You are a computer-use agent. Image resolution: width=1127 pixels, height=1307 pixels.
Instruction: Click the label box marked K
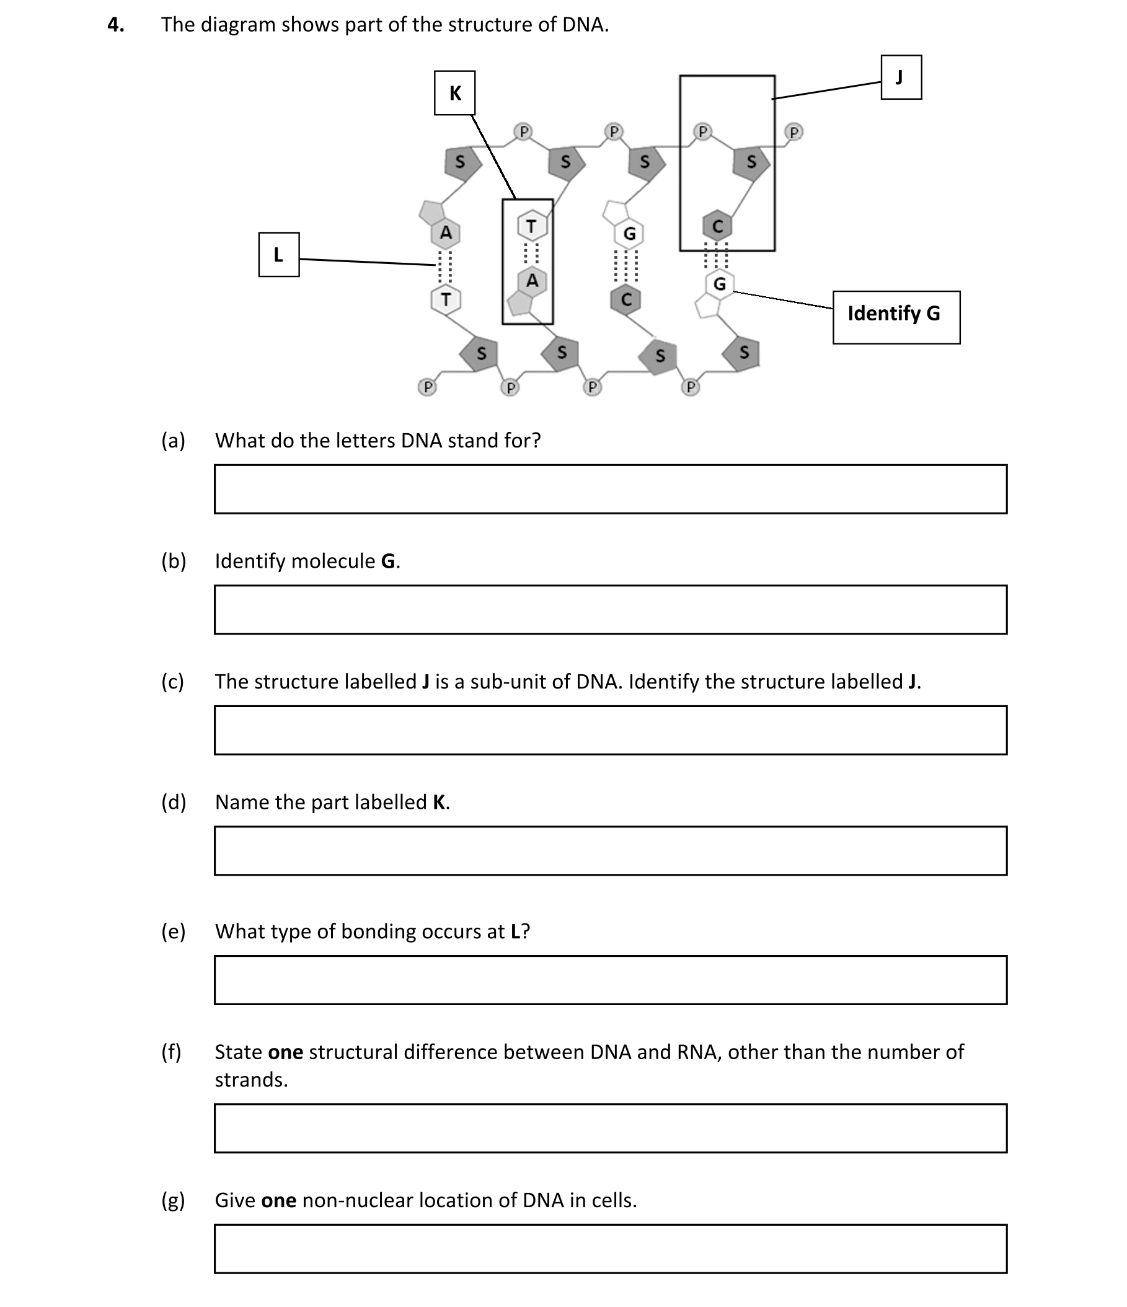(x=454, y=93)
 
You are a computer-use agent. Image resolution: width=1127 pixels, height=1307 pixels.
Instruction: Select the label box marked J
(x=901, y=77)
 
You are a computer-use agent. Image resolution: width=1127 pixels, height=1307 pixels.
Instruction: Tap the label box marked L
(x=278, y=254)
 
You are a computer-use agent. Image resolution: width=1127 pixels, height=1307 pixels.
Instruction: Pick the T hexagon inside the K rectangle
(x=531, y=226)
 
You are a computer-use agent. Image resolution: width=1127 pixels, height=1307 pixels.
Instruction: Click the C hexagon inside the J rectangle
(x=717, y=226)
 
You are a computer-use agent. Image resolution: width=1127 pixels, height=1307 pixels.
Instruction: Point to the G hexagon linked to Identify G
(x=718, y=284)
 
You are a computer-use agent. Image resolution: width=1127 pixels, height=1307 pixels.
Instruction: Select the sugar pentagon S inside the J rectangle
(x=751, y=162)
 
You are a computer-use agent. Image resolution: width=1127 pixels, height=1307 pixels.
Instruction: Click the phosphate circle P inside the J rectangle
(x=702, y=132)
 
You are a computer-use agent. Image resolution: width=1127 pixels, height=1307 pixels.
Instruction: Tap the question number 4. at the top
(x=115, y=25)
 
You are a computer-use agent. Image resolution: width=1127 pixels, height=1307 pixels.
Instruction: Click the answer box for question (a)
(x=609, y=489)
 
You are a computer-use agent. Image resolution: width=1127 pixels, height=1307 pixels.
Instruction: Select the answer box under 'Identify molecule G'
(x=609, y=609)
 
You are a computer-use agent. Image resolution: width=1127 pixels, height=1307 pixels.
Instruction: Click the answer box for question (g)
(x=609, y=1248)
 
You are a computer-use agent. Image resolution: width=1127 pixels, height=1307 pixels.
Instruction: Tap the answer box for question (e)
(x=609, y=980)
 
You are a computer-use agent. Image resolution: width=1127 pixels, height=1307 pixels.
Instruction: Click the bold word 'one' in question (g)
(x=278, y=1200)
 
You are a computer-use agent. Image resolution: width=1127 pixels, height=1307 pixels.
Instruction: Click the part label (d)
(x=174, y=802)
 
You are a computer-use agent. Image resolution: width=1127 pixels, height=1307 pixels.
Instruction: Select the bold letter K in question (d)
(x=439, y=802)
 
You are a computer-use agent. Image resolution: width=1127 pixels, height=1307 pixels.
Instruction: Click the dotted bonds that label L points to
(x=446, y=266)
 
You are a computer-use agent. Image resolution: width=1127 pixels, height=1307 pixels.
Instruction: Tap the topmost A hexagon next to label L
(x=446, y=233)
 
